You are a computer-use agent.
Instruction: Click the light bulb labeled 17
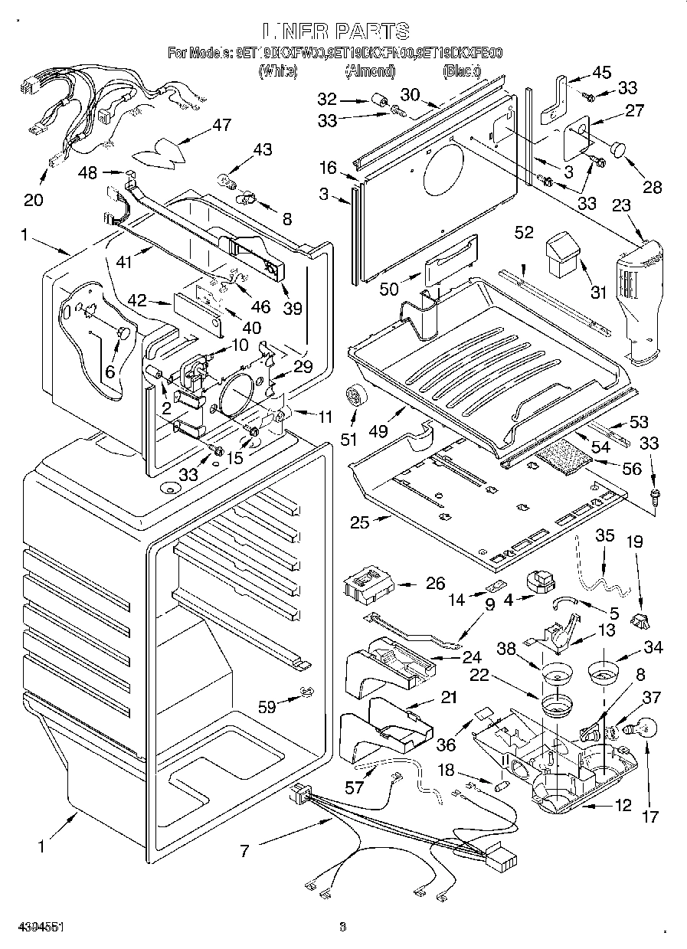636,725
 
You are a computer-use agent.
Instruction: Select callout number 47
221,126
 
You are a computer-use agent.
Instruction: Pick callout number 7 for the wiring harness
244,850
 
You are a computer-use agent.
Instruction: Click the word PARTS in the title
370,31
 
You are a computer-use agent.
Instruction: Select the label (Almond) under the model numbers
370,71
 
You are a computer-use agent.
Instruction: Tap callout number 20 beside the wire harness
33,200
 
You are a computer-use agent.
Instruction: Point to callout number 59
267,707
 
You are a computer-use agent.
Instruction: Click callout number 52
524,233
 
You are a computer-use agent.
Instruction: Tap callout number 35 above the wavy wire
605,535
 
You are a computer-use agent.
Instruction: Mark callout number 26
435,584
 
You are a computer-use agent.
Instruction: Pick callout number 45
601,73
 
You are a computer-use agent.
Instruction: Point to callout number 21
448,698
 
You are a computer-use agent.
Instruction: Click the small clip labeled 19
640,617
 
